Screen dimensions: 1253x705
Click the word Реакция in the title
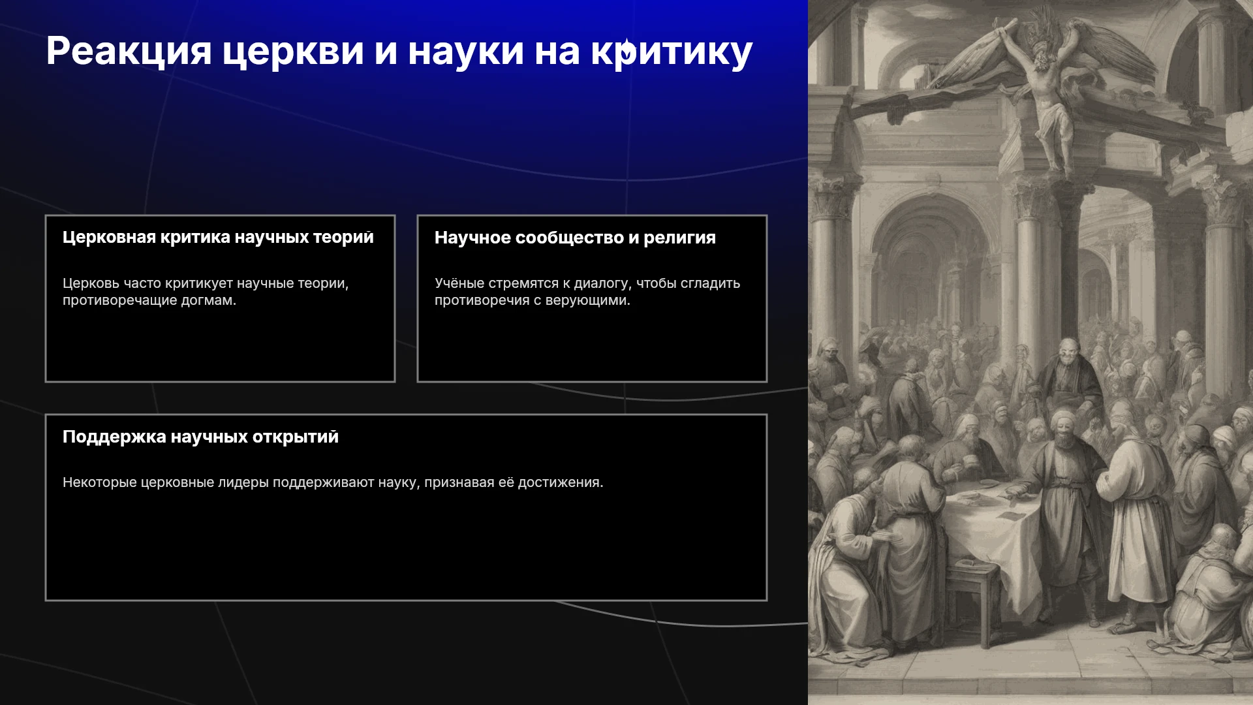tap(129, 52)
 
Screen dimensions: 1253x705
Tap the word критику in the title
tap(672, 52)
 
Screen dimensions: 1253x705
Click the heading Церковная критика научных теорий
tap(218, 238)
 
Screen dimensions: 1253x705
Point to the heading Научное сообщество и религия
tap(575, 238)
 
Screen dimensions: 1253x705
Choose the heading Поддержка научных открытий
tap(200, 437)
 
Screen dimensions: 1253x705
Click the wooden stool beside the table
tap(972, 601)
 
